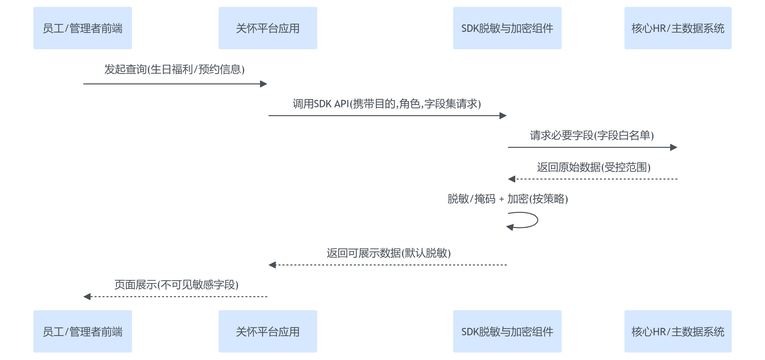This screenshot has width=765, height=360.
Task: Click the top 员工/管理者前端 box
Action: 83,28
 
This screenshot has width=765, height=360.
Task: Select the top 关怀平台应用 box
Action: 267,28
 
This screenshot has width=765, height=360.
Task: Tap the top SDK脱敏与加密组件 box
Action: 507,28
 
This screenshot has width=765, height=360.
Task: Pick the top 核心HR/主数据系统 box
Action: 678,28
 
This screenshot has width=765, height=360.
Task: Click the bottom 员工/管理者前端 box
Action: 83,331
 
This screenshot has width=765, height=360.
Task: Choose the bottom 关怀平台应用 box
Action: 267,331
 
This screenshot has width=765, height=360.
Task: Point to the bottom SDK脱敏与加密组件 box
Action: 507,331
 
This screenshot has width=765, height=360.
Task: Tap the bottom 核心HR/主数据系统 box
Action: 678,331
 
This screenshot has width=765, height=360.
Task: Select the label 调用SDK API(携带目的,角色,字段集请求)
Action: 387,104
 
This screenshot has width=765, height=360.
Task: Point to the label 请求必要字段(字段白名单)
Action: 592,135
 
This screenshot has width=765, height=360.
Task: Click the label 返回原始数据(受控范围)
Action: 594,167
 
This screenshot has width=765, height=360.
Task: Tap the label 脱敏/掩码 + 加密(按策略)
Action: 507,199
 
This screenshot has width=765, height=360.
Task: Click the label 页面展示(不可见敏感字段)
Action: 176,285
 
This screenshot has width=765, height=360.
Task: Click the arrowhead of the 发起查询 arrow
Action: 264,84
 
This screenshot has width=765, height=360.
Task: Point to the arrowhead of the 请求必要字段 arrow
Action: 673,147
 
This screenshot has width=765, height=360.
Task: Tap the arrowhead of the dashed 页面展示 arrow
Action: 87,297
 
